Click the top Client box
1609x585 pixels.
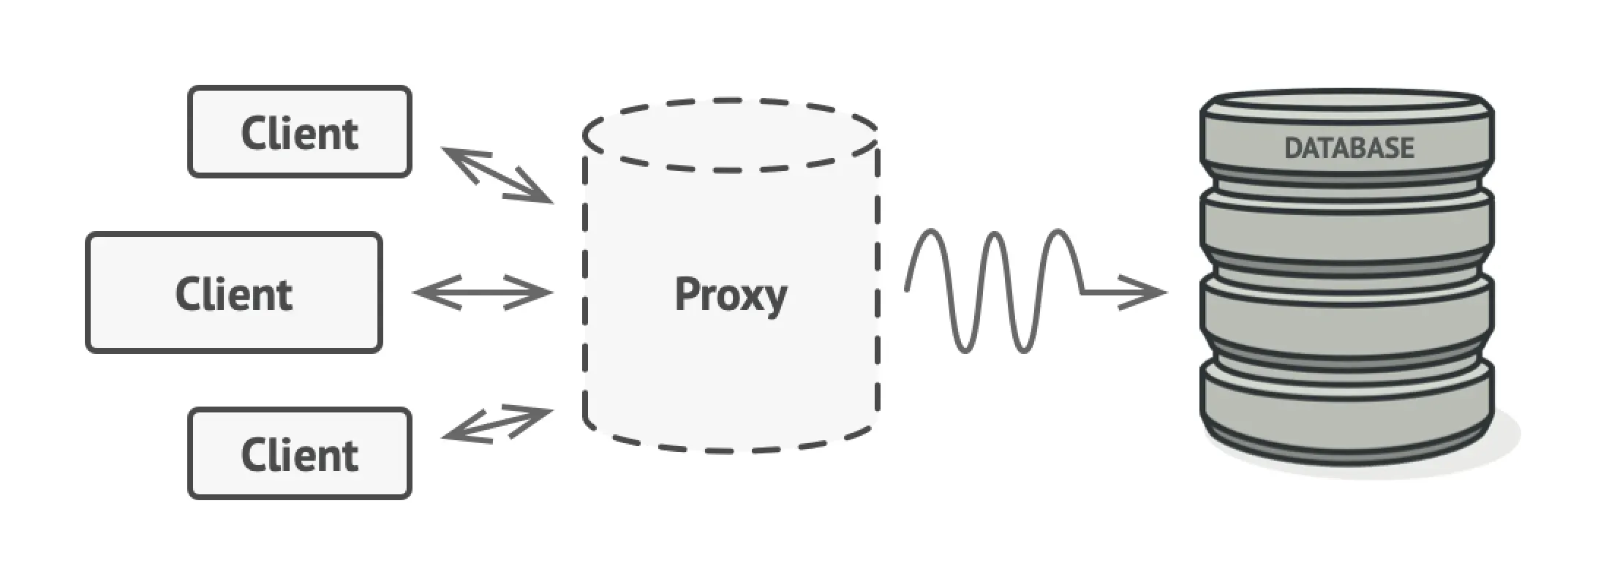pyautogui.click(x=300, y=132)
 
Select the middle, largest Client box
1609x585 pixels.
pyautogui.click(x=234, y=292)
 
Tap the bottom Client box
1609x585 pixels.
pyautogui.click(x=300, y=453)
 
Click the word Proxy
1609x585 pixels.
pyautogui.click(x=731, y=295)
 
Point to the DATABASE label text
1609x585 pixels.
pyautogui.click(x=1349, y=148)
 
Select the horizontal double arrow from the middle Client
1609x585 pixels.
pyautogui.click(x=483, y=292)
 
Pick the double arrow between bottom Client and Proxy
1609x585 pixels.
pyautogui.click(x=497, y=424)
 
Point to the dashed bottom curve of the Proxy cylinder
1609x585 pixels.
pyautogui.click(x=731, y=448)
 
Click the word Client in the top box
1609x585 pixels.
pyautogui.click(x=300, y=133)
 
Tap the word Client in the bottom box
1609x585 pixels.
pyautogui.click(x=300, y=455)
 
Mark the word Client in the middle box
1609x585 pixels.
pyautogui.click(x=234, y=294)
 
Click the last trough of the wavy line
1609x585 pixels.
pyautogui.click(x=1024, y=350)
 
